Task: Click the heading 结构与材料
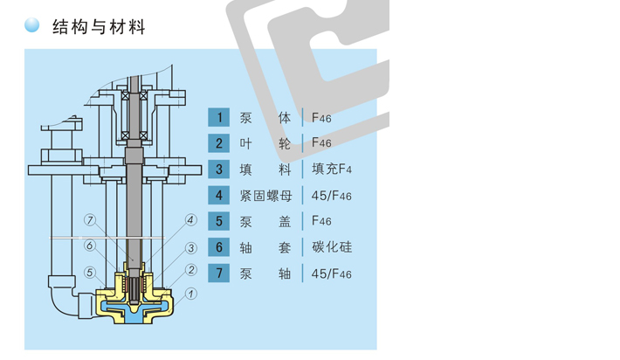[x=99, y=27]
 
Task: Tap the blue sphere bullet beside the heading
[x=32, y=24]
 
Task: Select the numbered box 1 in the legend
[x=218, y=117]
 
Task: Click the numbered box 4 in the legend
[x=218, y=195]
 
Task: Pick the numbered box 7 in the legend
[x=218, y=273]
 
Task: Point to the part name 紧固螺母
[x=265, y=196]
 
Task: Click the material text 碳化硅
[x=332, y=247]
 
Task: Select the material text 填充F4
[x=331, y=169]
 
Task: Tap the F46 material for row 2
[x=321, y=142]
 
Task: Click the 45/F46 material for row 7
[x=331, y=273]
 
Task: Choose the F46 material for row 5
[x=321, y=220]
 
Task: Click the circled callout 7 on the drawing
[x=90, y=220]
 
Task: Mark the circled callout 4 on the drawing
[x=191, y=220]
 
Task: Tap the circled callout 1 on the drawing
[x=191, y=294]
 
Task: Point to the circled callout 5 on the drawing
[x=90, y=272]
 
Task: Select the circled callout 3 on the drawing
[x=191, y=248]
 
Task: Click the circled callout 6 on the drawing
[x=90, y=246]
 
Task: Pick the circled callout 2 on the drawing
[x=191, y=270]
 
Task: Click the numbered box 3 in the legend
[x=218, y=170]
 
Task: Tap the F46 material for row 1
[x=321, y=118]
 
